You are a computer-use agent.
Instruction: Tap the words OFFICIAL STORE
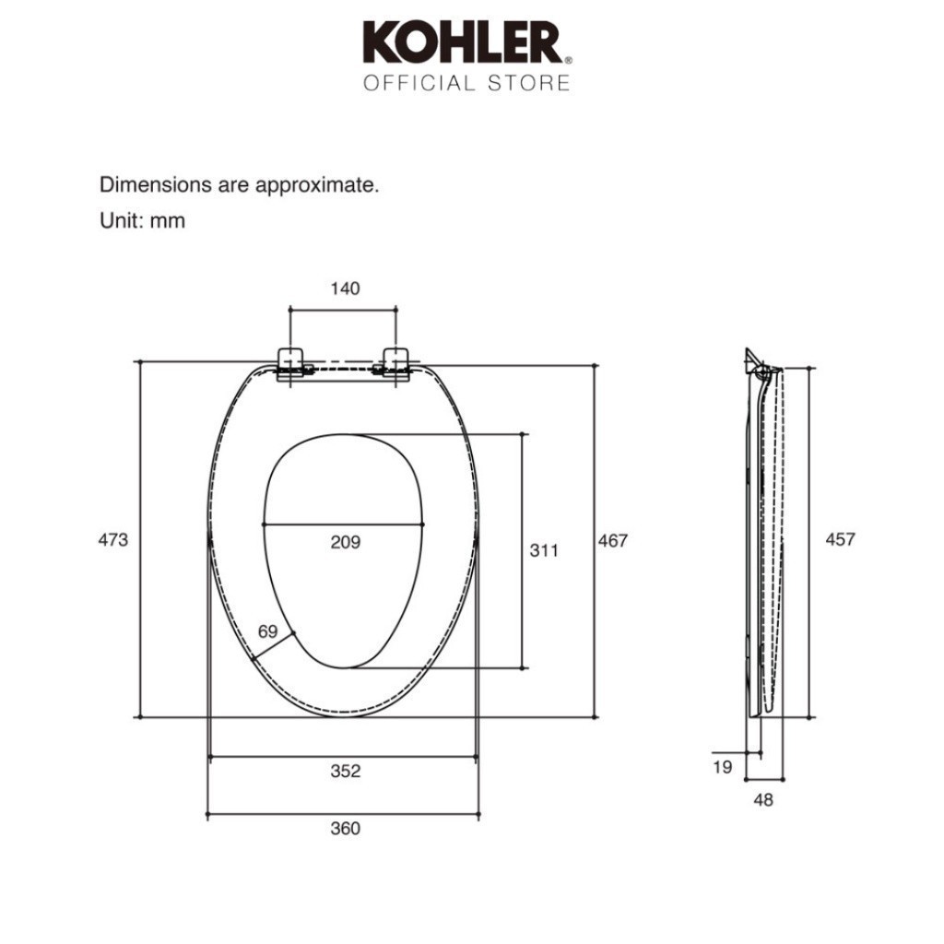point(466,82)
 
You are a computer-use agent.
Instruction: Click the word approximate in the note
point(317,184)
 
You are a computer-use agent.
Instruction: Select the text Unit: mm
point(142,220)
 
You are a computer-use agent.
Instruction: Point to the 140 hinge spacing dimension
point(345,289)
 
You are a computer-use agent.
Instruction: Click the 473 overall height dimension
point(113,539)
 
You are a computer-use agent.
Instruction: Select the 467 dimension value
point(613,540)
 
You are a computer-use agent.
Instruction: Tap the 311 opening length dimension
point(544,549)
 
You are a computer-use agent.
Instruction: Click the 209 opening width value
point(346,542)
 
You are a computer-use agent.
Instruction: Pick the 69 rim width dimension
point(268,631)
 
